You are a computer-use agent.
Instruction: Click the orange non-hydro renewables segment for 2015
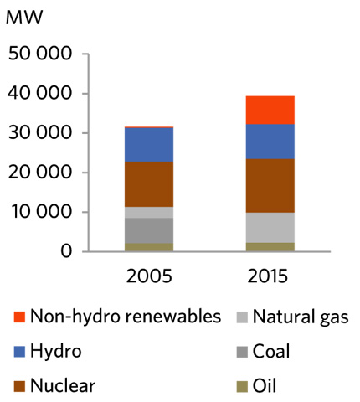click(x=270, y=110)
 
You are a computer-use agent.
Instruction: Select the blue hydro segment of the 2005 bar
click(x=149, y=145)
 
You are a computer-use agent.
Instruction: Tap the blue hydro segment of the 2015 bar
click(x=270, y=142)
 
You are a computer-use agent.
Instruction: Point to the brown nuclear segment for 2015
click(x=270, y=186)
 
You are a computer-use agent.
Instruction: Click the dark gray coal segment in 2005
click(x=149, y=230)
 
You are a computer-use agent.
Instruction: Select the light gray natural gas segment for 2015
click(x=270, y=227)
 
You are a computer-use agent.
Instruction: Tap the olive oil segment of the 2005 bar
click(x=149, y=247)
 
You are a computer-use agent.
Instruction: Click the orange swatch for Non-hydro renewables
click(x=19, y=317)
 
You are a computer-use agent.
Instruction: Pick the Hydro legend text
click(x=55, y=352)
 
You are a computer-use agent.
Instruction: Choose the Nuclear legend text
click(x=63, y=386)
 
